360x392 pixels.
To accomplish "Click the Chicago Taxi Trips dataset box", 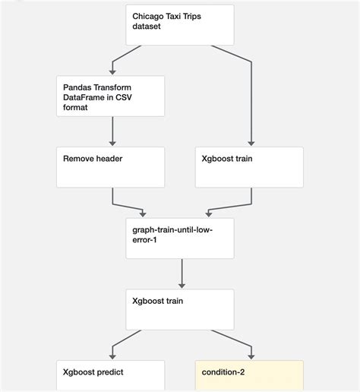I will coord(180,24).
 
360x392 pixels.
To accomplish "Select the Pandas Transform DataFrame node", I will coord(110,95).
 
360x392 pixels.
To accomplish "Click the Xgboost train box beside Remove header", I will coord(249,167).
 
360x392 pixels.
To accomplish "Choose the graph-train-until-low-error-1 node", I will coord(180,238).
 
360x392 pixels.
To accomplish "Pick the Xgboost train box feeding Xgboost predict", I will coord(180,308).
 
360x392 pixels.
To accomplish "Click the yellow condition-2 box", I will coord(249,376).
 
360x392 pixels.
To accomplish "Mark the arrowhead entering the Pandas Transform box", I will coord(112,70).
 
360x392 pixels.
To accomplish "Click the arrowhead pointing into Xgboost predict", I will coord(112,356).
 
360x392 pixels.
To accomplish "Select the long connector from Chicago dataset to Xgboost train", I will coord(250,99).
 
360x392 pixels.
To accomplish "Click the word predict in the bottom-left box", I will coord(110,372).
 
